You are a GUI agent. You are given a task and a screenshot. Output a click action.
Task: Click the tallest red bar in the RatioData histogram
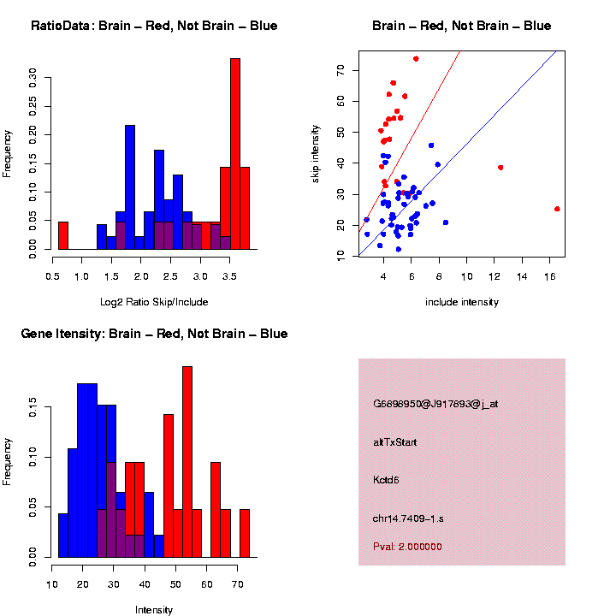(x=235, y=154)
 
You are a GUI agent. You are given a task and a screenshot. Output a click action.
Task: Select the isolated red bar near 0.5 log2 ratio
(x=62, y=235)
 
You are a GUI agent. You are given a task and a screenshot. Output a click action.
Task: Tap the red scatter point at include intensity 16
(x=557, y=209)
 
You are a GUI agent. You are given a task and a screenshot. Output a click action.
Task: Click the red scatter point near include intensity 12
(x=500, y=168)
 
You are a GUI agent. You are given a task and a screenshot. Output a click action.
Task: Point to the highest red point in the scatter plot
(x=416, y=59)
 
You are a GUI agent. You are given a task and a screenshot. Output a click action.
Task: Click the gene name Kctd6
(x=386, y=480)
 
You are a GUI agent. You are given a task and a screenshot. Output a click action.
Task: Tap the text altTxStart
(x=395, y=442)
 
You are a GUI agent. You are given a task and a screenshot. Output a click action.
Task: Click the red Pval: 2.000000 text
(x=407, y=547)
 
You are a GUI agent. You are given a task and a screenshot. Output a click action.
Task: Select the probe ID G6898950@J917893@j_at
(x=435, y=404)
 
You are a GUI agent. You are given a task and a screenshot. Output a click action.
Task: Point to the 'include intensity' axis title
(x=462, y=302)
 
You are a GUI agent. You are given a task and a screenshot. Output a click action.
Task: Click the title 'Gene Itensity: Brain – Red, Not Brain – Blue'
(x=154, y=334)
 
